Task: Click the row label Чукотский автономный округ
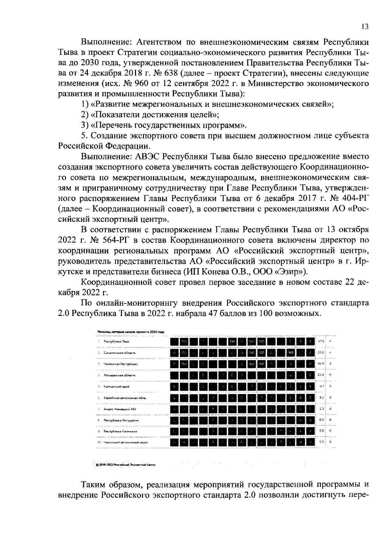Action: pyautogui.click(x=125, y=442)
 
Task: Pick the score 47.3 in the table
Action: pyautogui.click(x=321, y=341)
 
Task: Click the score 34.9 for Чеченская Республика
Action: pyautogui.click(x=321, y=364)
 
